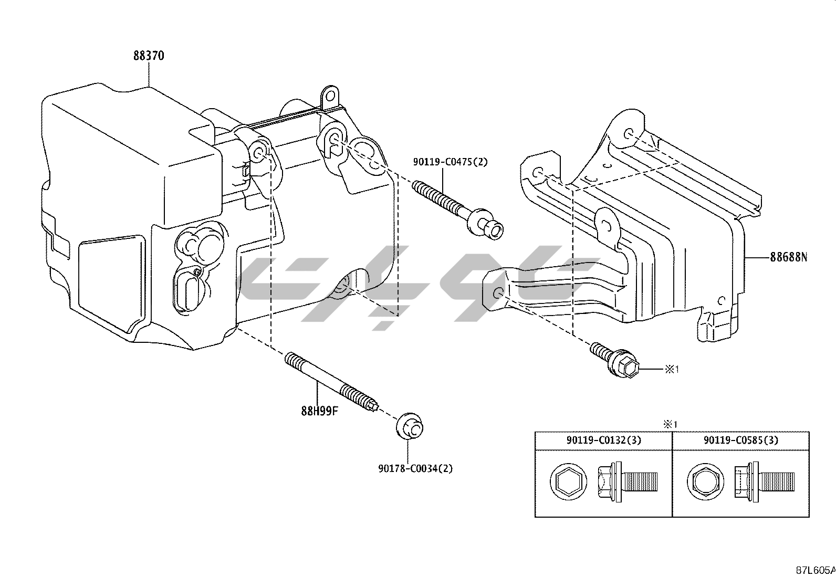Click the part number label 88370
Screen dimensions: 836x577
pyautogui.click(x=149, y=56)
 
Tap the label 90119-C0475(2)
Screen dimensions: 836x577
pyautogui.click(x=450, y=162)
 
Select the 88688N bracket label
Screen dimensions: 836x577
pyautogui.click(x=789, y=257)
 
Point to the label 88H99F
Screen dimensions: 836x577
pyautogui.click(x=319, y=411)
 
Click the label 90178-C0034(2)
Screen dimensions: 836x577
pyautogui.click(x=415, y=468)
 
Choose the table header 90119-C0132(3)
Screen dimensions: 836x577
pyautogui.click(x=603, y=440)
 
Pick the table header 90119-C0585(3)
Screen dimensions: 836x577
pyautogui.click(x=741, y=440)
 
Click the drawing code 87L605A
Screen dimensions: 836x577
pyautogui.click(x=816, y=570)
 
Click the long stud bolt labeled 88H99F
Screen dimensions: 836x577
pyautogui.click(x=332, y=382)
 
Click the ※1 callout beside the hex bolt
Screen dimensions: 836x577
pyautogui.click(x=672, y=370)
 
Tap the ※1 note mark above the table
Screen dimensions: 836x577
pyautogui.click(x=670, y=424)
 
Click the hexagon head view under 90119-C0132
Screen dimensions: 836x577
pyautogui.click(x=568, y=481)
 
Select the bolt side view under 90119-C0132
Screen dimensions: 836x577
pyautogui.click(x=628, y=481)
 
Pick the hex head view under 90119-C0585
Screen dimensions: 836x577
pyautogui.click(x=705, y=481)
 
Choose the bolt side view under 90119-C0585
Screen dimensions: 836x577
pyautogui.click(x=765, y=481)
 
